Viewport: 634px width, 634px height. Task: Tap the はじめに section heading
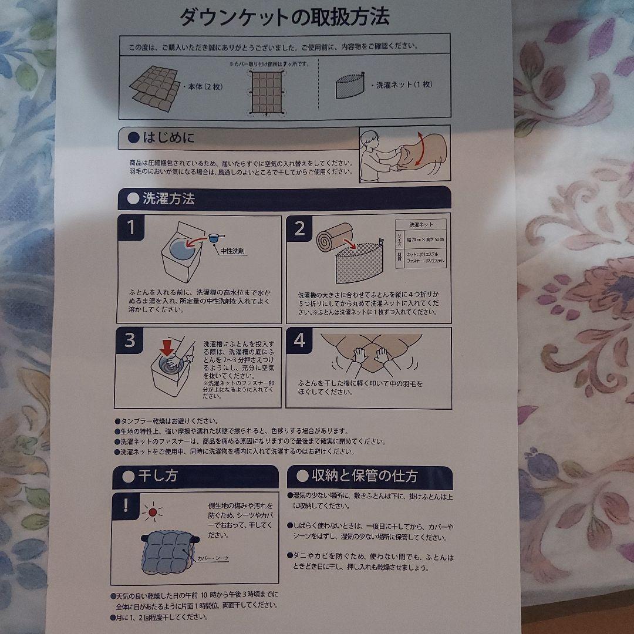(x=168, y=139)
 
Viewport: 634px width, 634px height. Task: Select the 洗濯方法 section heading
(x=168, y=198)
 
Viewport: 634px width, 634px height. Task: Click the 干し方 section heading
(x=157, y=476)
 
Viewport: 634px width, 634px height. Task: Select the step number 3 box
(x=130, y=340)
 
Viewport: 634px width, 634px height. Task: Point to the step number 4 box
(x=299, y=340)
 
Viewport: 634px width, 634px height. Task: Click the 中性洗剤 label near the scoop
(x=233, y=251)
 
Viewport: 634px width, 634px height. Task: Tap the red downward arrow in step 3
(x=167, y=347)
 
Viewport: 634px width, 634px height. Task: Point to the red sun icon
(x=154, y=513)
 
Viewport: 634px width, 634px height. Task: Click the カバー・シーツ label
(x=213, y=558)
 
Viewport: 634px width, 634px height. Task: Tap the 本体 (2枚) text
(x=204, y=86)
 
